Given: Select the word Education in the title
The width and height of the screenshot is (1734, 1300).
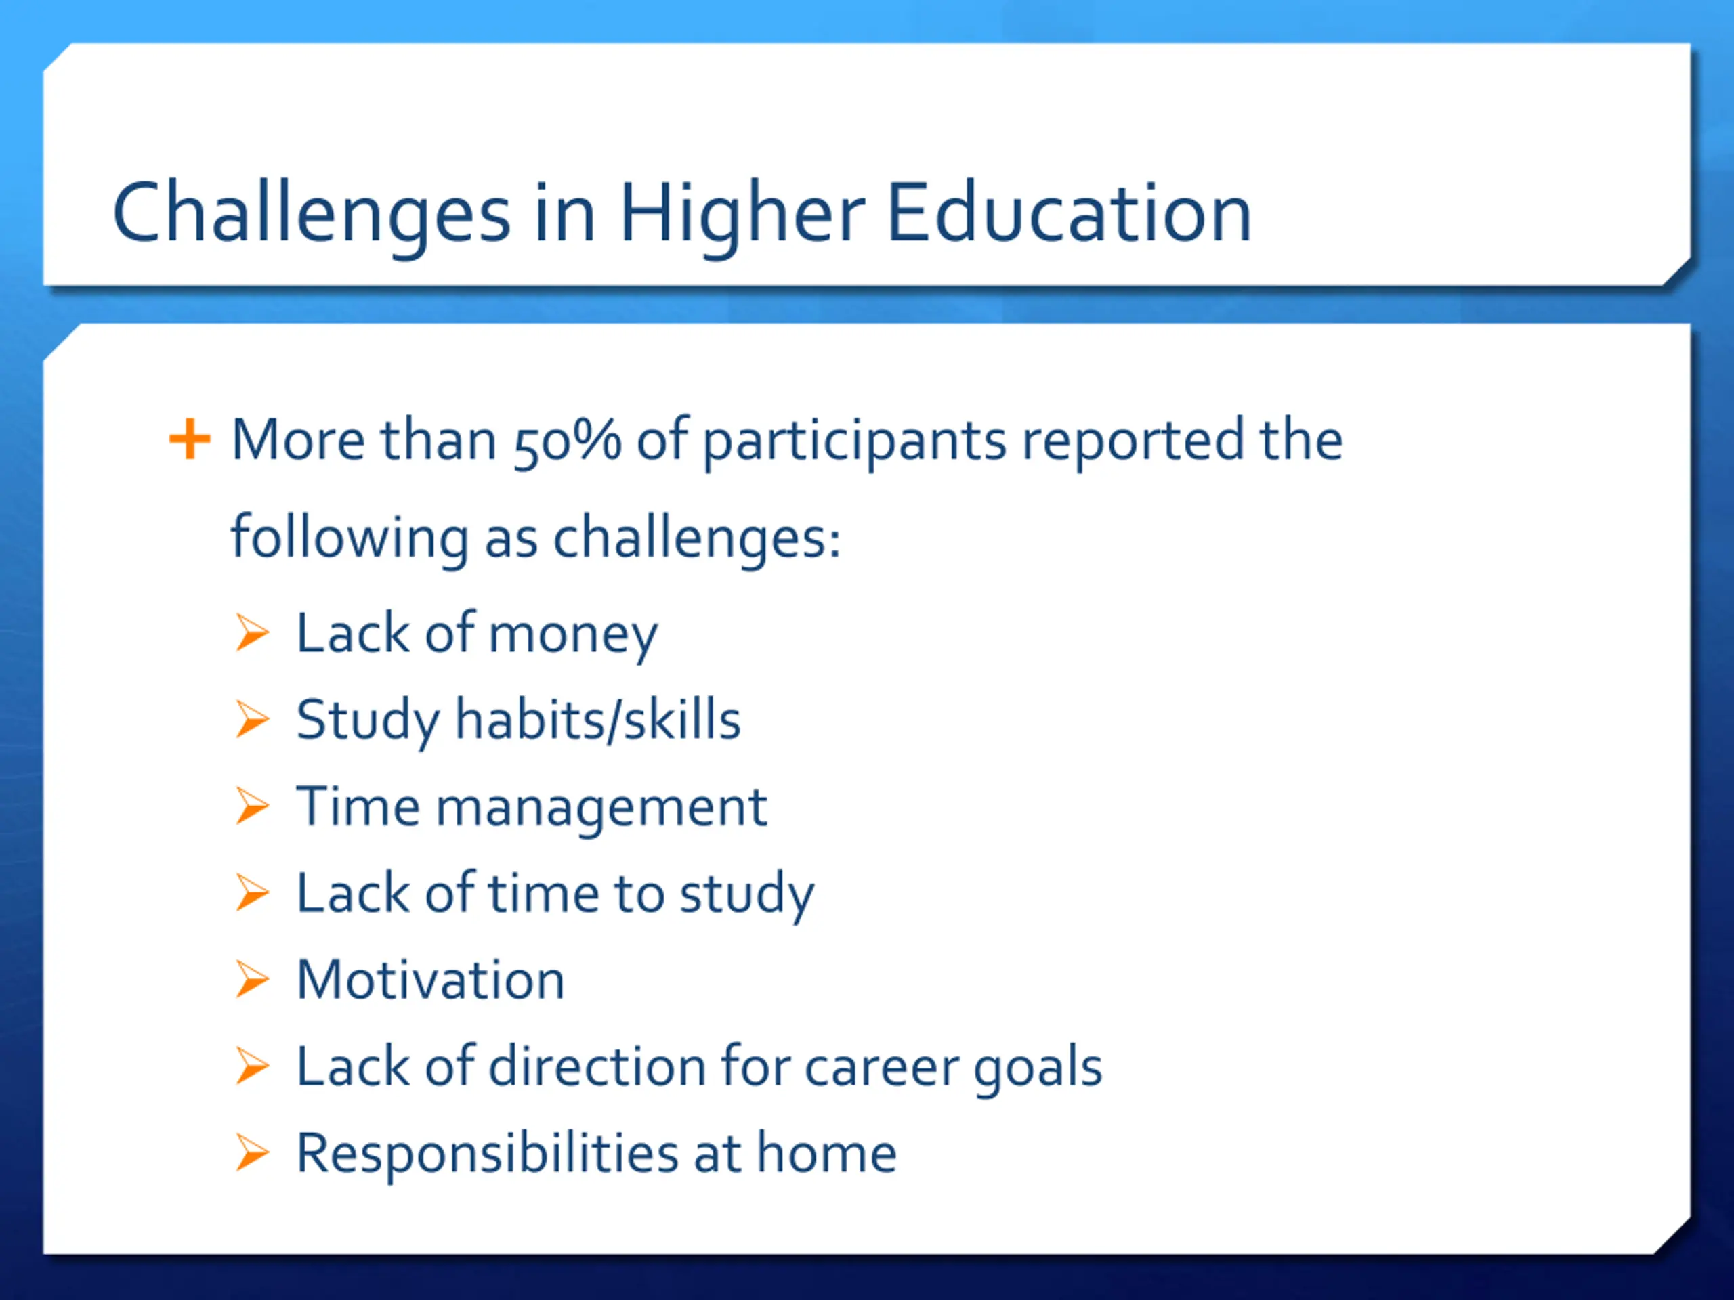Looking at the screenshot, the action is tap(1070, 213).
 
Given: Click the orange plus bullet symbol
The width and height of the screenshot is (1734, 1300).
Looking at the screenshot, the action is tap(190, 439).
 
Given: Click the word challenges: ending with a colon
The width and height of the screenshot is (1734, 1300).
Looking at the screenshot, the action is tap(696, 538).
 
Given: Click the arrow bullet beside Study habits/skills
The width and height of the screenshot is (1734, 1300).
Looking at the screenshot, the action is tap(253, 719).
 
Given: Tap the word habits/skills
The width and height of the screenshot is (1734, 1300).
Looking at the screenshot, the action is tap(598, 719).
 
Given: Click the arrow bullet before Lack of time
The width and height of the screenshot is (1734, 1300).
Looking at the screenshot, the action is tap(253, 893).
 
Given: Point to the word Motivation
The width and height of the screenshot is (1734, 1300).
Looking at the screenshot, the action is tap(430, 980).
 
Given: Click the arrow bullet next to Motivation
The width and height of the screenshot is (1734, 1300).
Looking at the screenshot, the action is tap(253, 980).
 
